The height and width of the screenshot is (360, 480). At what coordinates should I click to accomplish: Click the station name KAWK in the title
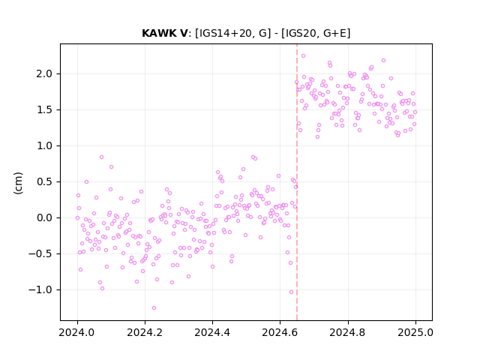[x=161, y=33]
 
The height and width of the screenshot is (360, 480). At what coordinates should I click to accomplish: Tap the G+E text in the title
[x=334, y=33]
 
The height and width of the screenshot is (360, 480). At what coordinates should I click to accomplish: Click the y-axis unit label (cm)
[x=18, y=183]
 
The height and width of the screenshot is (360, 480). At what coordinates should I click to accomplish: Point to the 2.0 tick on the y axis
[x=45, y=74]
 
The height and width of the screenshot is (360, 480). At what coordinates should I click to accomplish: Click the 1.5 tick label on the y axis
[x=45, y=110]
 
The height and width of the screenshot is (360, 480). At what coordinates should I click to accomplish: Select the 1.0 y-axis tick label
[x=45, y=146]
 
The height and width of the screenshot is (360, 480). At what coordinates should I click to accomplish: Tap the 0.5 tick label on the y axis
[x=45, y=181]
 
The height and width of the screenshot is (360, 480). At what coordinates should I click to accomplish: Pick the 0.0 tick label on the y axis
[x=45, y=218]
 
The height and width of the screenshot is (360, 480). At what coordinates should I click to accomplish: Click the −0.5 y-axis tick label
[x=41, y=253]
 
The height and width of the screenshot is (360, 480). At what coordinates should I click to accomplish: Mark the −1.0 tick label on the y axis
[x=41, y=290]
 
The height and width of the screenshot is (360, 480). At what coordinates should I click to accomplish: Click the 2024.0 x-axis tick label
[x=77, y=332]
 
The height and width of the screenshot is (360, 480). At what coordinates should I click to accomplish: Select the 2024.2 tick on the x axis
[x=145, y=332]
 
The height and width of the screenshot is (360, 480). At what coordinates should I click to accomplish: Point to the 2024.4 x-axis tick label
[x=212, y=332]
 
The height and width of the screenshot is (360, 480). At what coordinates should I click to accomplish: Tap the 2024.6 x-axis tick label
[x=280, y=332]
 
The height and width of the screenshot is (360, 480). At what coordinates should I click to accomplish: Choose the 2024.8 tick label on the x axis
[x=348, y=332]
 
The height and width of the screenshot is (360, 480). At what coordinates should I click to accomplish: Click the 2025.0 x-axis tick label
[x=415, y=332]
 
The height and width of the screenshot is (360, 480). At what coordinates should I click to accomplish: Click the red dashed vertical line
[x=297, y=182]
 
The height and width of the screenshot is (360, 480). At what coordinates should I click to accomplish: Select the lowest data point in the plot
[x=154, y=307]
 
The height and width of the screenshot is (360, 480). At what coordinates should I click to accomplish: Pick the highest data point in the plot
[x=303, y=55]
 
